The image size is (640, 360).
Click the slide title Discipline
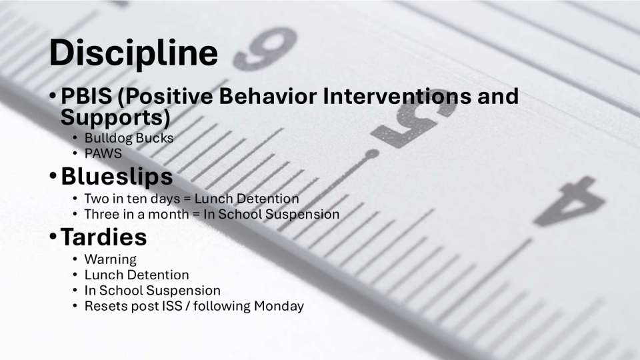pos(133,53)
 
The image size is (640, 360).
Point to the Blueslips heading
pos(117,177)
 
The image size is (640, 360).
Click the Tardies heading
pos(103,237)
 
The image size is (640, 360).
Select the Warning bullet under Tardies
pos(110,259)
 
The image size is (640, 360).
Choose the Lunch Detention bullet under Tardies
pos(137,275)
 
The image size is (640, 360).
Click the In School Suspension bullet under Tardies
pos(152,291)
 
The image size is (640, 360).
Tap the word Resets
pos(104,307)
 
